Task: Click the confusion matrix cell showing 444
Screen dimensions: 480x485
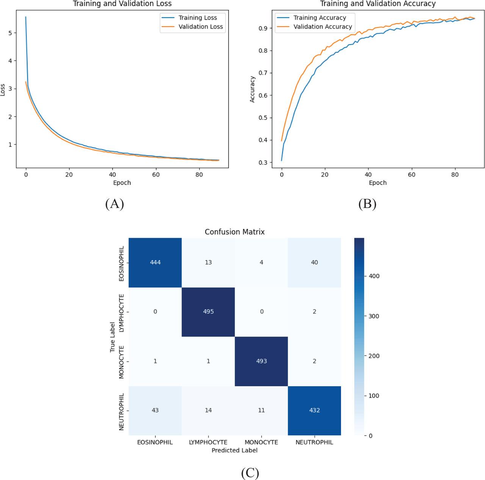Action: tap(155, 263)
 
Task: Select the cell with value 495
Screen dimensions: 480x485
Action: tap(208, 312)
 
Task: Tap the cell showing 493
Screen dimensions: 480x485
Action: tap(261, 361)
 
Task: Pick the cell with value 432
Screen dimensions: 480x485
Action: tap(314, 410)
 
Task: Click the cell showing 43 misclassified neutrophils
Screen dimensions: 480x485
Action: tap(155, 410)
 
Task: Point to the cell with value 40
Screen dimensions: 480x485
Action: tap(314, 263)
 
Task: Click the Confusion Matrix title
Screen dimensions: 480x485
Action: tap(235, 232)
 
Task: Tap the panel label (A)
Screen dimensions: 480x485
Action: tap(114, 204)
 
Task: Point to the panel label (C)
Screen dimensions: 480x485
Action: tap(250, 473)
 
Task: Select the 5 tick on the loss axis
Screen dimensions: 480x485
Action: tap(10, 33)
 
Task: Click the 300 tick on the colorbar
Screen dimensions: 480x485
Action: tap(374, 316)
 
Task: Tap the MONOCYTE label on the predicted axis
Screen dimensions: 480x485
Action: tap(261, 442)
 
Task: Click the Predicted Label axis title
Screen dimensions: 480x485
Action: tap(235, 450)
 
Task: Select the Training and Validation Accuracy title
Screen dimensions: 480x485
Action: tap(378, 4)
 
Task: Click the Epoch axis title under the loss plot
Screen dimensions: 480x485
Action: tap(122, 183)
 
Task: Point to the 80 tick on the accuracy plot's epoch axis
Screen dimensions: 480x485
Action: tap(455, 175)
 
